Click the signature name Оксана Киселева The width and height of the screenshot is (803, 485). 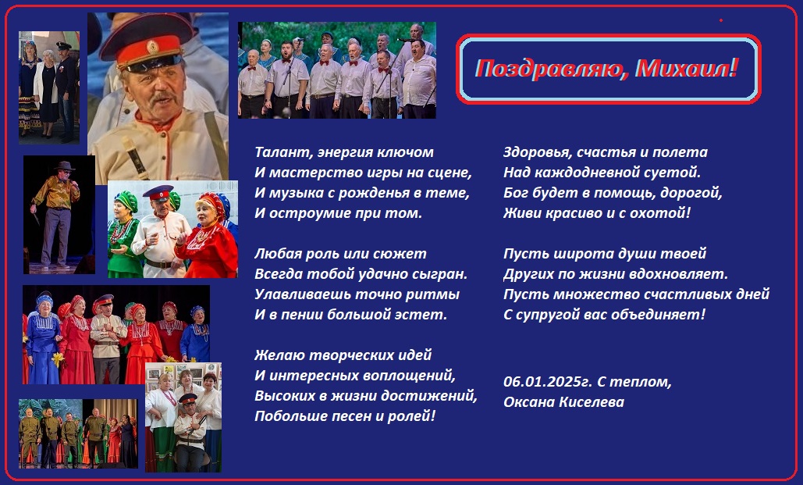564,402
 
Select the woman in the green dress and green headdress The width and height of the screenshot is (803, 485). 123,234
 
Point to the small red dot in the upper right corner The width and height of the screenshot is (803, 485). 720,20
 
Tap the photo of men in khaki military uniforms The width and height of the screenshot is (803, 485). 78,433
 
